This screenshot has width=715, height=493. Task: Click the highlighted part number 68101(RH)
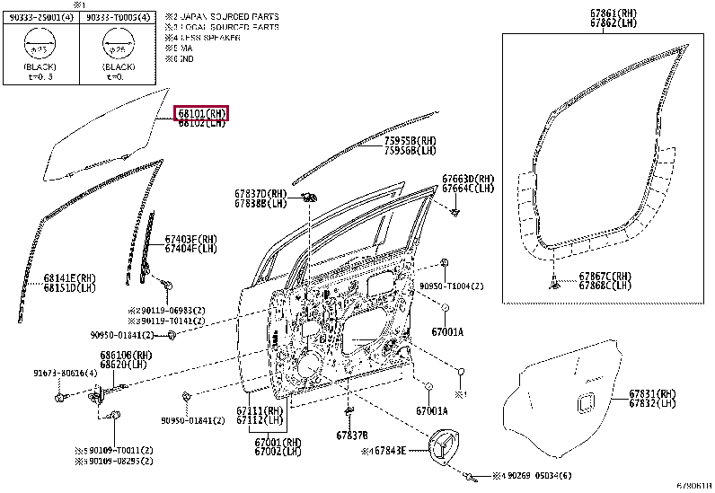[x=202, y=114]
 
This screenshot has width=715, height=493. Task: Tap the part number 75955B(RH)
[x=410, y=141]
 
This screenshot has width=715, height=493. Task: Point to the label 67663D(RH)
[x=468, y=179]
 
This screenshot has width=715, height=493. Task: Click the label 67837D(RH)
[x=261, y=194]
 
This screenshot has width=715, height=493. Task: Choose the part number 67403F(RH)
[x=191, y=239]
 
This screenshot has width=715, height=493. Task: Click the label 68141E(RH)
[x=71, y=279]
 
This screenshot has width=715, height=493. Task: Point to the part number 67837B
[x=352, y=435]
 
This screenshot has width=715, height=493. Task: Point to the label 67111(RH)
[x=260, y=410]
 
